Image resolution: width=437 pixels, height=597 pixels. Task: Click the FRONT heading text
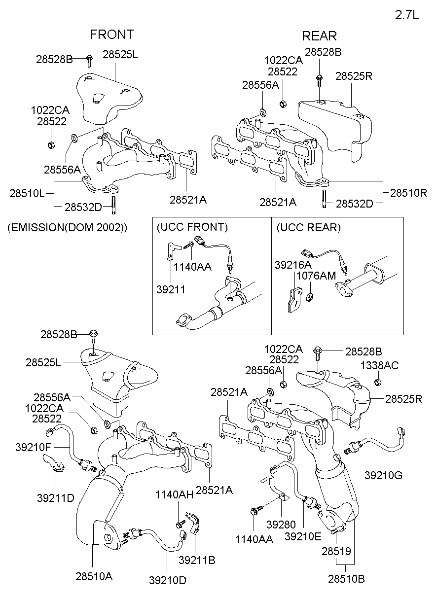pyautogui.click(x=111, y=35)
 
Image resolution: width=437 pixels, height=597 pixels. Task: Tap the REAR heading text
pyautogui.click(x=319, y=36)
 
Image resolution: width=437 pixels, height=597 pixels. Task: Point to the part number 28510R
pyautogui.click(x=408, y=193)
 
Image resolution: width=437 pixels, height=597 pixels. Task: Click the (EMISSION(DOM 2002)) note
pyautogui.click(x=67, y=228)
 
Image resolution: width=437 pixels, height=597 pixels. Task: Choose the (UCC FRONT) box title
pyautogui.click(x=192, y=227)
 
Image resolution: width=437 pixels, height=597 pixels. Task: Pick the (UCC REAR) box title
pyautogui.click(x=308, y=227)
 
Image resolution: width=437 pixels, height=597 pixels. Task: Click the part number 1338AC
pyautogui.click(x=379, y=365)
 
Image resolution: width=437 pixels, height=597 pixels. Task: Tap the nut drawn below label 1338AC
pyautogui.click(x=377, y=382)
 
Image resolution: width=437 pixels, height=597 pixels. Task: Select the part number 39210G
pyautogui.click(x=383, y=475)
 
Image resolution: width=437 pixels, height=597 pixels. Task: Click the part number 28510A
pyautogui.click(x=94, y=576)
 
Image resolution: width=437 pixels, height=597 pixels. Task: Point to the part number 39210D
pyautogui.click(x=168, y=580)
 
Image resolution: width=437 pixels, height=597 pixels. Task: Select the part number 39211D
pyautogui.click(x=55, y=498)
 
